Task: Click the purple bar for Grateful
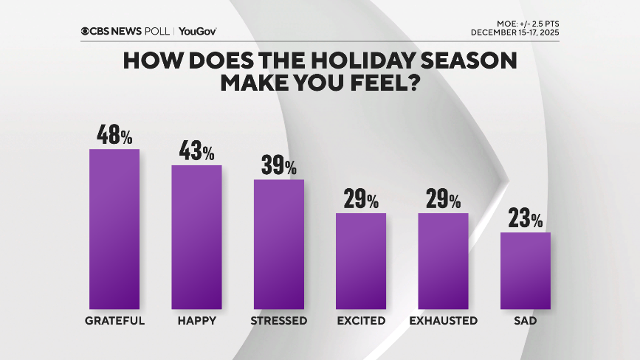coord(114,229)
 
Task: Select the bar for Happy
coord(197,237)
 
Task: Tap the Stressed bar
coord(279,244)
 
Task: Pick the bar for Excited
coord(361,261)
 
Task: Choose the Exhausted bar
coord(443,261)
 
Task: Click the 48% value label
coord(114,136)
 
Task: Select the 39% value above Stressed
coord(279,165)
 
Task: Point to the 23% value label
coord(526,219)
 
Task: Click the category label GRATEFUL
coord(114,321)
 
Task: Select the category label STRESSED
coord(279,321)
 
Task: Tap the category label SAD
coord(526,321)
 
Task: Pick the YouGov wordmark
coord(198,31)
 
